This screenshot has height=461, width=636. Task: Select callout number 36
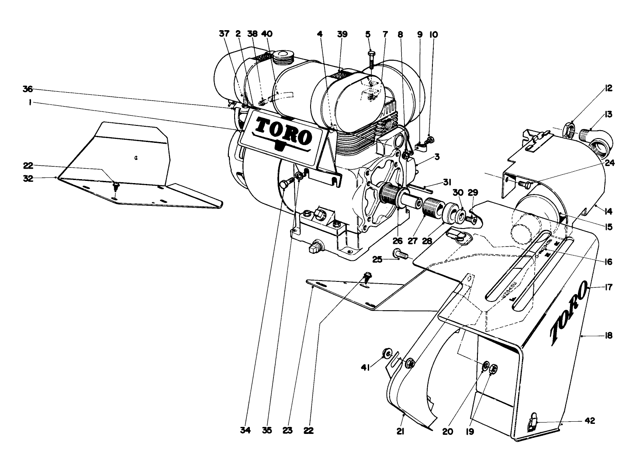28,89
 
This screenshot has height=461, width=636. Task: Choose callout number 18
608,336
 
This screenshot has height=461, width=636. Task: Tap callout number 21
401,431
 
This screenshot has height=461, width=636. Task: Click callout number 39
342,34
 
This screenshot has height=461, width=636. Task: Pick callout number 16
608,262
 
